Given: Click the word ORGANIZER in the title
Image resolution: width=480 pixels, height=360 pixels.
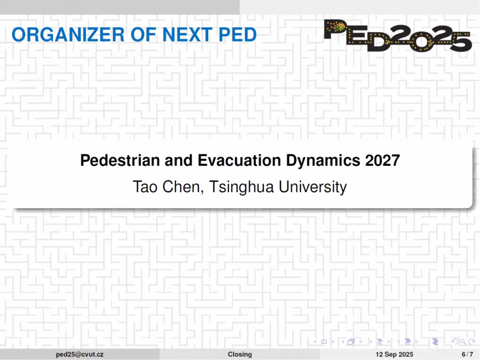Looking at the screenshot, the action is tap(68, 34).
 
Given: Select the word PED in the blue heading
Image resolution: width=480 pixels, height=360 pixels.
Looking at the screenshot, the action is tap(238, 34).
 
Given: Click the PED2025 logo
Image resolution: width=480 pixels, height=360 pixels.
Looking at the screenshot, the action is tap(398, 35).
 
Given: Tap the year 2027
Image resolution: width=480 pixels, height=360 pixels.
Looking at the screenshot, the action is tap(383, 160).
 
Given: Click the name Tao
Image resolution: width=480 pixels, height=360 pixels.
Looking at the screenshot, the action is tap(145, 187).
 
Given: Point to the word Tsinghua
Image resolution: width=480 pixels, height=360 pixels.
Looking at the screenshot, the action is tap(241, 187).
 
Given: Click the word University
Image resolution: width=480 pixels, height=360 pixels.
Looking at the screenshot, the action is tap(312, 187).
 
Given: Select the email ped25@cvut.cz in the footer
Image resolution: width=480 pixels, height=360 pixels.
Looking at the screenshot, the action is tap(80, 354).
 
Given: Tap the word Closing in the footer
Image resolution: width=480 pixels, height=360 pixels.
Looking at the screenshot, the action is tap(240, 354).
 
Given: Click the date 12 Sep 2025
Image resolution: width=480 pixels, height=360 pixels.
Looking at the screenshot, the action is tap(394, 354).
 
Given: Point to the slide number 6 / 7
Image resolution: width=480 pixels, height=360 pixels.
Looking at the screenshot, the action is tap(467, 354).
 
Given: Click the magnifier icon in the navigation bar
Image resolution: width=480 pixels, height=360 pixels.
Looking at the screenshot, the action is tap(463, 342).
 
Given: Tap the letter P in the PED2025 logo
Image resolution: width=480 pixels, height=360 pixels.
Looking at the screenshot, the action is tap(335, 29).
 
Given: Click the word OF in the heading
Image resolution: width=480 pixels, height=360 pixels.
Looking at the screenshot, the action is tap(143, 34).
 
